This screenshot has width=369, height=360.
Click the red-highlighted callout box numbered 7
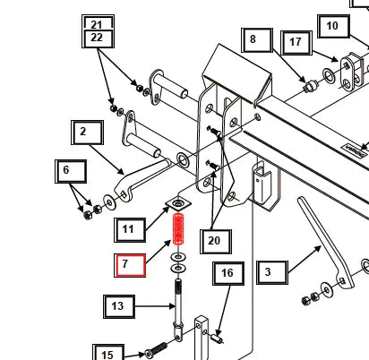pyautogui.click(x=130, y=265)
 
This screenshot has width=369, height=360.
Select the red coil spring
pyautogui.click(x=178, y=229)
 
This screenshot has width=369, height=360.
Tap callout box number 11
pyautogui.click(x=130, y=230)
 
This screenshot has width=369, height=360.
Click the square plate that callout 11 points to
pyautogui.click(x=178, y=204)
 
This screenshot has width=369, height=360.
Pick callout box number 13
pyautogui.click(x=119, y=306)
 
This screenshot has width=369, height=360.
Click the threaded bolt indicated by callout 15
pyautogui.click(x=156, y=350)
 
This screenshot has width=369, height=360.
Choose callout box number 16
pyautogui.click(x=228, y=273)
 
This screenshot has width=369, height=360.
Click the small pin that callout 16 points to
pyautogui.click(x=217, y=339)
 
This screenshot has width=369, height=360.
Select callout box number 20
pyautogui.click(x=216, y=242)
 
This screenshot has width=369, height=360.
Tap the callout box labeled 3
pyautogui.click(x=272, y=272)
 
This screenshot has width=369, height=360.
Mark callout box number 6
pyautogui.click(x=71, y=171)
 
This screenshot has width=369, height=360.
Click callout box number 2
pyautogui.click(x=87, y=133)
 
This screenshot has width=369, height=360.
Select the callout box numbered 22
pyautogui.click(x=98, y=39)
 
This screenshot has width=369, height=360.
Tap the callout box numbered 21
pyautogui.click(x=98, y=22)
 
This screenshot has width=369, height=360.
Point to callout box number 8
pyautogui.click(x=257, y=40)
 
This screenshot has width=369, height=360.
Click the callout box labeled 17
pyautogui.click(x=296, y=43)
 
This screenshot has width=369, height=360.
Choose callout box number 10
pyautogui.click(x=333, y=27)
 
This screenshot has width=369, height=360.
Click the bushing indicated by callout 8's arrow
pyautogui.click(x=310, y=86)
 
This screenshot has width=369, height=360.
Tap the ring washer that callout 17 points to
pyautogui.click(x=329, y=76)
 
